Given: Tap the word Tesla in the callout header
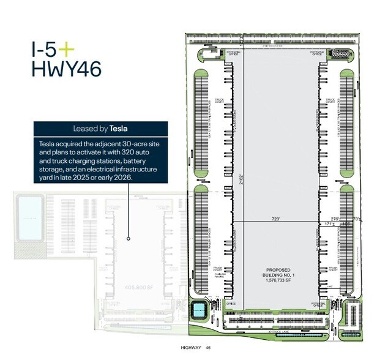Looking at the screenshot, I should [121, 129].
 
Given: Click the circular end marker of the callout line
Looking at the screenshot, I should [129, 238].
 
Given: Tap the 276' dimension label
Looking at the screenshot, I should [335, 218].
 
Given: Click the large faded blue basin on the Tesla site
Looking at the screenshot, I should [28, 218].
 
